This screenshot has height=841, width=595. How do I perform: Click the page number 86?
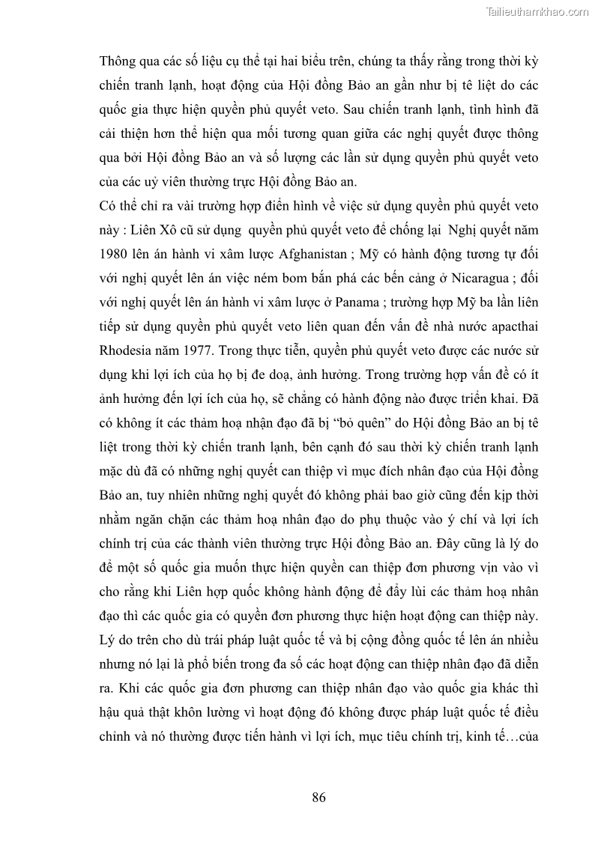[318, 797]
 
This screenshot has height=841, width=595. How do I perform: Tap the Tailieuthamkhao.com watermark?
[537, 11]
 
